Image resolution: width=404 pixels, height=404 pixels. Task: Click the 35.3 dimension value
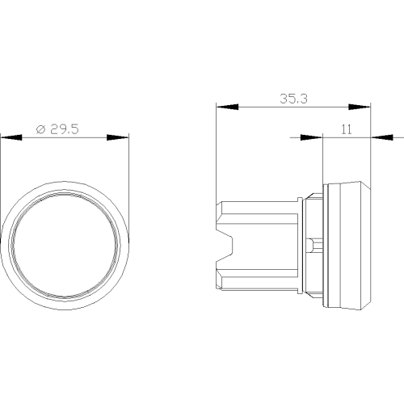tap(293, 99)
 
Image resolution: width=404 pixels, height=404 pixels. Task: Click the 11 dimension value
tap(347, 129)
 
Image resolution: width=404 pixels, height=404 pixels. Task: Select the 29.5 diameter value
tap(65, 129)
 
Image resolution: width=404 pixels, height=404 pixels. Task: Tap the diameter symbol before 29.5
tap(41, 129)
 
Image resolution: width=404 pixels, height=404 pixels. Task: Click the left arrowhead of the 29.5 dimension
tap(11, 137)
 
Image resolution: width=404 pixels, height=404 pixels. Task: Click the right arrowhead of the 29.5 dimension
tap(118, 137)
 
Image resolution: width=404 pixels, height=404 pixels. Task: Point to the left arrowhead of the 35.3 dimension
tap(227, 107)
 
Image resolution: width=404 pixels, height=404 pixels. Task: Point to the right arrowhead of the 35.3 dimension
tap(360, 107)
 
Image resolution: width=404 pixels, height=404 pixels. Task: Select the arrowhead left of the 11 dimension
tap(311, 137)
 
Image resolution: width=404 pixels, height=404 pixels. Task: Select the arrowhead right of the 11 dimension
tap(382, 137)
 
